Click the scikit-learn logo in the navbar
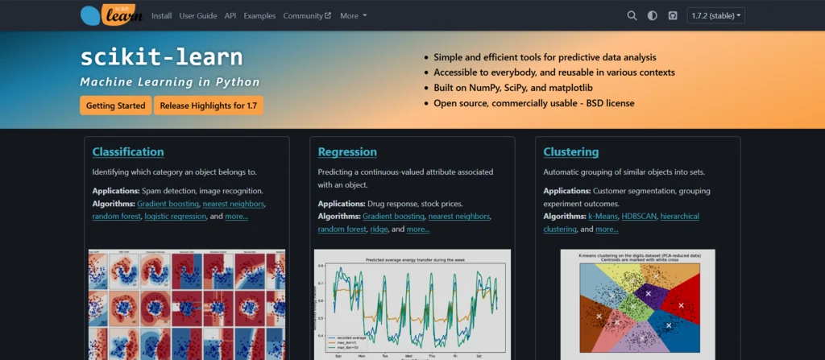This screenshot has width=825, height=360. pos(111,14)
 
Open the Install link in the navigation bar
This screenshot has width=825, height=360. pos(161,15)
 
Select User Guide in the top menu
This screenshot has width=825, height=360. pos(198,15)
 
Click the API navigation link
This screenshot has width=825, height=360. pos(230,15)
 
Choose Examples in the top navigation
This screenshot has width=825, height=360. pos(259,15)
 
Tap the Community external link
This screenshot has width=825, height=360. pos(307,15)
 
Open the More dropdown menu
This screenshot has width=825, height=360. pos(353,15)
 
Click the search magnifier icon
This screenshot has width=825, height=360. pos(632,15)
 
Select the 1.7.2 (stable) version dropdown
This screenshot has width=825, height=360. pos(715,15)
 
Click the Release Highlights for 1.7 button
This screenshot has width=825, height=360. pos(209,106)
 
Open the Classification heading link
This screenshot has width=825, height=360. pos(128,151)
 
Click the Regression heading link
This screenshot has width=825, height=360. pos(347,151)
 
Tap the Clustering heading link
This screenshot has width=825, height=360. pos(571,151)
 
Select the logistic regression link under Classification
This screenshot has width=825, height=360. pos(176,217)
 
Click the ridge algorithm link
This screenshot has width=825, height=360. pos(379,230)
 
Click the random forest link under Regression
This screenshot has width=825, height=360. pos(342,230)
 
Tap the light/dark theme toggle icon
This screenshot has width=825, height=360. pos(651,15)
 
